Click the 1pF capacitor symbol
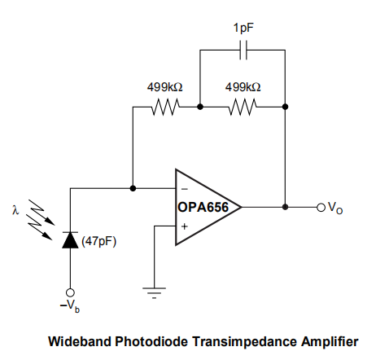[x=243, y=50]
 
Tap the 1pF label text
[x=243, y=29]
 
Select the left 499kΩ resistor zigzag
[x=165, y=107]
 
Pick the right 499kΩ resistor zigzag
[x=243, y=107]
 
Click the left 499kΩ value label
[x=165, y=87]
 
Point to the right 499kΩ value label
[x=243, y=87]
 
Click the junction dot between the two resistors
[x=200, y=107]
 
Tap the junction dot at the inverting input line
[x=133, y=188]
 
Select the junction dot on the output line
[x=285, y=207]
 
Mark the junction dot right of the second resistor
[x=285, y=107]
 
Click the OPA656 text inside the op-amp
[x=203, y=208]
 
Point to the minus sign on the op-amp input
[x=185, y=189]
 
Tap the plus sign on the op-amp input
[x=185, y=226]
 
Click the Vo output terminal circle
[x=321, y=208]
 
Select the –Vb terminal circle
[x=70, y=292]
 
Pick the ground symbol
[x=154, y=292]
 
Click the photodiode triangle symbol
[x=70, y=240]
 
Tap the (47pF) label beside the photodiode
[x=99, y=241]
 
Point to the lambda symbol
[x=15, y=210]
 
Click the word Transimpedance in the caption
[x=244, y=341]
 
